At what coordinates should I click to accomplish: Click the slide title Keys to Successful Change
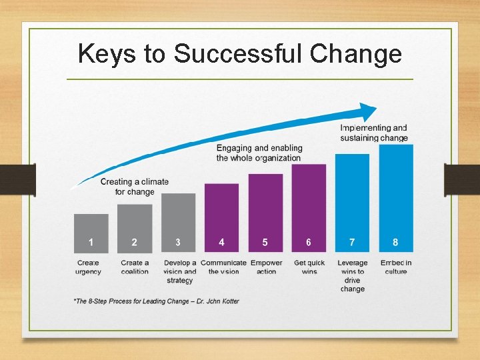[x=240, y=54]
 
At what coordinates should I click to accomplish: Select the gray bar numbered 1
[x=91, y=233]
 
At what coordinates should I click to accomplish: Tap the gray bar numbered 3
[x=178, y=223]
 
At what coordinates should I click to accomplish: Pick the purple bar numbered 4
[x=221, y=218]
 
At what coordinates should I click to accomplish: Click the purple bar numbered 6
[x=309, y=208]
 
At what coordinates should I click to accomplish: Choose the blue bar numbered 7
[x=352, y=203]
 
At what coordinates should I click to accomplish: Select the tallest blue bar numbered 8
[x=396, y=198]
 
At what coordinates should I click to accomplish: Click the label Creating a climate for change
[x=135, y=187]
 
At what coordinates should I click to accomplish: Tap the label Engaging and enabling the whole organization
[x=259, y=153]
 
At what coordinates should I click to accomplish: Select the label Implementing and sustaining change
[x=374, y=133]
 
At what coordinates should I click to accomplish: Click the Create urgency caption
[x=88, y=267]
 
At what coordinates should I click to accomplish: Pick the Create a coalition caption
[x=135, y=267]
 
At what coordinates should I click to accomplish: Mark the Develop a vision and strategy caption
[x=180, y=271]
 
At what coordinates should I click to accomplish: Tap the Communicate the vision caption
[x=223, y=267]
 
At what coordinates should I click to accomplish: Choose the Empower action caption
[x=266, y=267]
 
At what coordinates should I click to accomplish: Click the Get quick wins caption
[x=309, y=267]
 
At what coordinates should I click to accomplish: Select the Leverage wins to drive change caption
[x=352, y=276]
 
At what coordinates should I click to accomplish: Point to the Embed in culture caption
[x=396, y=267]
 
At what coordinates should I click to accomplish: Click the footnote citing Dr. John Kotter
[x=156, y=301]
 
